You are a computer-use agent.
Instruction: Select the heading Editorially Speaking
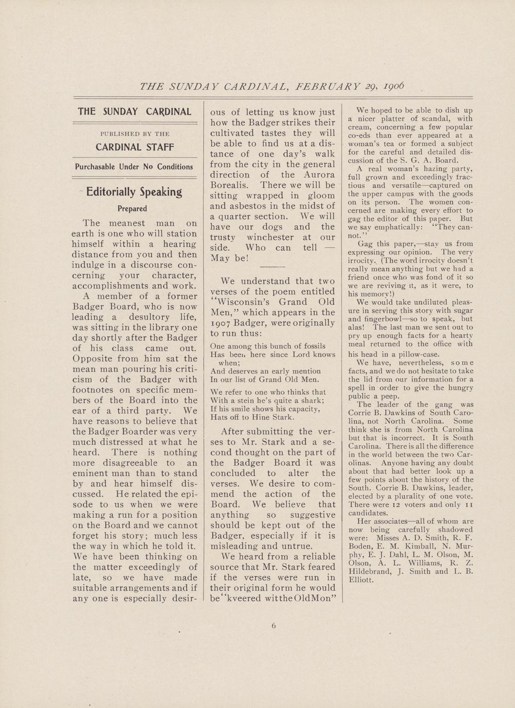134,192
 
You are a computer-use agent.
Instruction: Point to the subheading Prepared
132,209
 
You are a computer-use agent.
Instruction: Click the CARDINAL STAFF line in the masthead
135,147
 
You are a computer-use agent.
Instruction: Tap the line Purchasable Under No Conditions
134,167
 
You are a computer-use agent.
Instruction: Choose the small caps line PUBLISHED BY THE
135,134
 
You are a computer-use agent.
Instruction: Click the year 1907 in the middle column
221,323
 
